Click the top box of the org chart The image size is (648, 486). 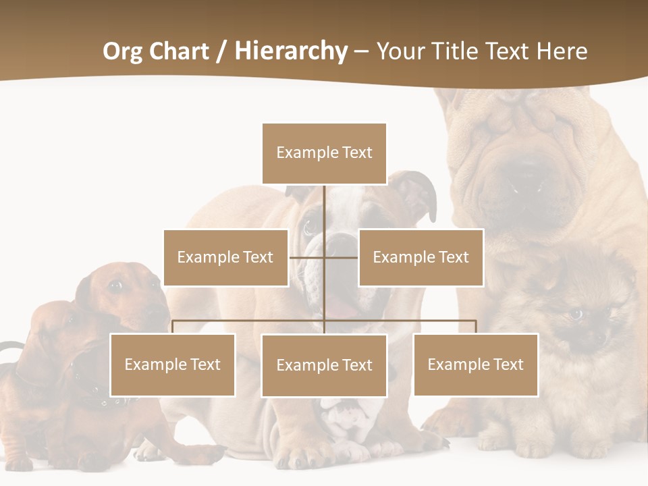[x=324, y=153]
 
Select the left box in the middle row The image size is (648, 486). [x=225, y=257]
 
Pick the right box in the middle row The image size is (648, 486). [x=421, y=257]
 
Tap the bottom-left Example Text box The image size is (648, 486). [x=173, y=364]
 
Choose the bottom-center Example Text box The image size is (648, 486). [x=324, y=365]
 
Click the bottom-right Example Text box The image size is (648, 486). [x=476, y=364]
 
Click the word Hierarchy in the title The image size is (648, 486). [x=291, y=51]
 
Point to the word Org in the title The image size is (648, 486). [x=122, y=51]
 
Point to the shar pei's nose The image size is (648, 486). [x=530, y=177]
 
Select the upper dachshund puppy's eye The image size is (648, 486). [x=115, y=286]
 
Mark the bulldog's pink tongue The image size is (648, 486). [x=344, y=307]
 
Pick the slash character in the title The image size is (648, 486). [x=221, y=51]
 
